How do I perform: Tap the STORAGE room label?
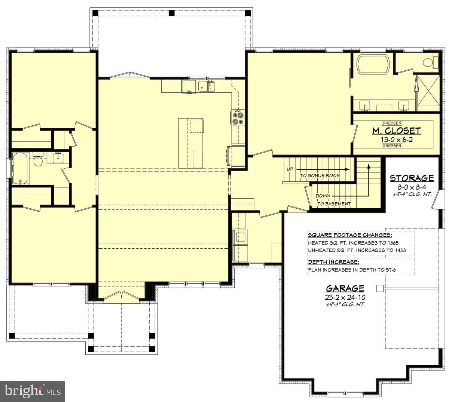point(412,178)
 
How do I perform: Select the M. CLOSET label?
point(396,131)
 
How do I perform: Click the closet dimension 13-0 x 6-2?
point(396,139)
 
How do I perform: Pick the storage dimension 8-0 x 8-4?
point(412,187)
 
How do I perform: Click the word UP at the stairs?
point(290,169)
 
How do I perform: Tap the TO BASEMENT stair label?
point(334,204)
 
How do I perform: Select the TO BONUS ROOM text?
point(320,175)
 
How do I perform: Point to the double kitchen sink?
point(207,86)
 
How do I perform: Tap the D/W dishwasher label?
point(189,91)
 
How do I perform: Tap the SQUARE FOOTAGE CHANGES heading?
point(350,235)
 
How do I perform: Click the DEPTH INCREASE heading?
point(333,262)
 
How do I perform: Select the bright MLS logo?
point(33,391)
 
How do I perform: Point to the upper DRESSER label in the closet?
point(392,123)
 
